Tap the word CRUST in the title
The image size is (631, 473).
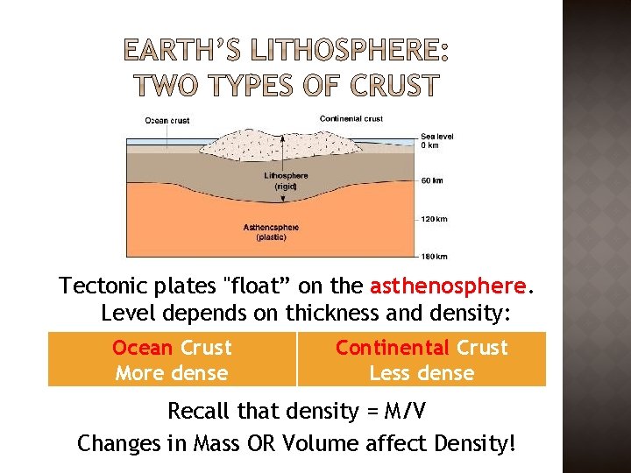(x=394, y=86)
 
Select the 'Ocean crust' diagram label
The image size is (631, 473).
(x=167, y=121)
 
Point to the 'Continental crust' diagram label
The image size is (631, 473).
(x=351, y=119)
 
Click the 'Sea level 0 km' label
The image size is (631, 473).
(x=435, y=141)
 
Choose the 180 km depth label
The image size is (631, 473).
(x=435, y=256)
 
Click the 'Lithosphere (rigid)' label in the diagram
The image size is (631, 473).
(x=286, y=181)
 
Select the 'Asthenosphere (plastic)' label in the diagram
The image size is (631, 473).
(x=271, y=232)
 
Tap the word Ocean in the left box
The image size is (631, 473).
(x=143, y=348)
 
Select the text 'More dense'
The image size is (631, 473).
(x=172, y=373)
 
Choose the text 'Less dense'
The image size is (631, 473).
(x=422, y=373)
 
